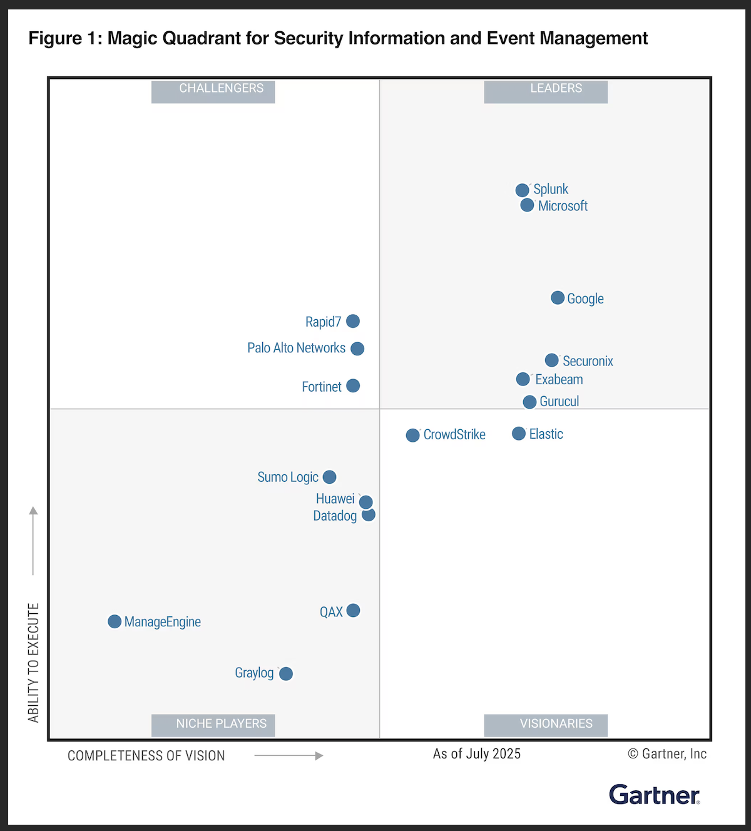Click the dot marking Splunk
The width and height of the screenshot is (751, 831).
coord(523,190)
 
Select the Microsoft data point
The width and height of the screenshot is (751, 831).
coord(528,205)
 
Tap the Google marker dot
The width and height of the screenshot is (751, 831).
coord(558,298)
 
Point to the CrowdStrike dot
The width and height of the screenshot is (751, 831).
coord(413,436)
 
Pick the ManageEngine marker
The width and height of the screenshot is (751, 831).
coord(115,621)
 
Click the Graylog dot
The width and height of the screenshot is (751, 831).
coord(286,674)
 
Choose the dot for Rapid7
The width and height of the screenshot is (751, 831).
coord(353,321)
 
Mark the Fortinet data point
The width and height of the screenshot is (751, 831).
coord(353,386)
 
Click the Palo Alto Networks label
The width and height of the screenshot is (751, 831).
coord(296,348)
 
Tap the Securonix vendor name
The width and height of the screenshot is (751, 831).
coord(588,361)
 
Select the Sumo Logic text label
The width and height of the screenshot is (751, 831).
coord(288,477)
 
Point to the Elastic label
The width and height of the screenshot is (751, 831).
coord(546,434)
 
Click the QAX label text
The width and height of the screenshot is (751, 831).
coord(331,612)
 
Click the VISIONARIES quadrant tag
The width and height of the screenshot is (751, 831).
coord(546,725)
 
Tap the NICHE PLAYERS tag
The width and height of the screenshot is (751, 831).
coord(213,725)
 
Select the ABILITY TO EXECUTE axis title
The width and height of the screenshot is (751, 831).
coord(34,663)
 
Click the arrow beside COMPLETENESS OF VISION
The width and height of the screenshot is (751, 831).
coord(289,756)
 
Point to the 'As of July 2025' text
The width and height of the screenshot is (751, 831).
coord(477,754)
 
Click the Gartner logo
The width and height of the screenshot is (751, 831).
coord(655,795)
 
